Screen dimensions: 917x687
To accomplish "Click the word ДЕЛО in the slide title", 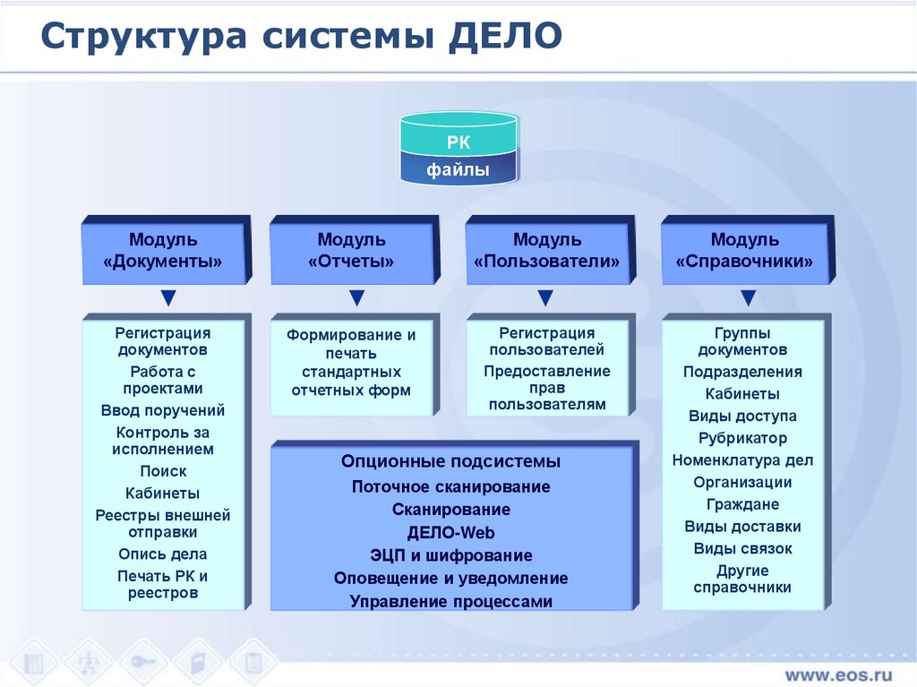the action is [x=505, y=37].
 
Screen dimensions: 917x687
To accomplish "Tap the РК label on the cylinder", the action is [x=458, y=142].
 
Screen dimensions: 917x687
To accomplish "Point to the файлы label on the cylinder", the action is [x=458, y=169].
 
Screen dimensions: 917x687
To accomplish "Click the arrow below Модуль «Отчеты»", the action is [x=356, y=297].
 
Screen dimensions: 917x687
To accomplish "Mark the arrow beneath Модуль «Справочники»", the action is [x=748, y=297].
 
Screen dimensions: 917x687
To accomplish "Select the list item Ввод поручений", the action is [x=163, y=411].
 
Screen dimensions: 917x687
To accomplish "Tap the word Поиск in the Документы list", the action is [x=163, y=471].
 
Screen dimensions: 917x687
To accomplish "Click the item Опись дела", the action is [x=163, y=554].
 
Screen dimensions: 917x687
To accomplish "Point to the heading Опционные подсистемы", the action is [x=451, y=461].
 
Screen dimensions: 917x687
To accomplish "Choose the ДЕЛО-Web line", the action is [x=451, y=533].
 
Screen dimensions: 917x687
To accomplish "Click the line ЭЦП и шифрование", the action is [x=451, y=555].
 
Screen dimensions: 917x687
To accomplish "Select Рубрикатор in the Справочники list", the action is [x=742, y=438].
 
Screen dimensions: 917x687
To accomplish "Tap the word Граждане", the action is [x=742, y=504].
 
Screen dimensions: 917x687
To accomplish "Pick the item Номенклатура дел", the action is [x=742, y=460].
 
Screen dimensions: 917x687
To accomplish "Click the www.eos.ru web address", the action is [x=839, y=674].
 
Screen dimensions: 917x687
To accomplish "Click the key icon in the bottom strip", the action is [x=143, y=662].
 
